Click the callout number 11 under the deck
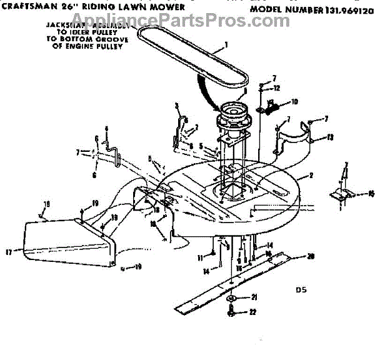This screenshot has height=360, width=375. (201, 257)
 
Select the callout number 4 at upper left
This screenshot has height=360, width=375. (106, 129)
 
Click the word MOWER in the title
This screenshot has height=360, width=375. (169, 7)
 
